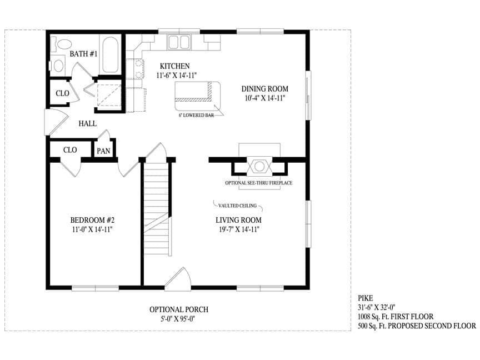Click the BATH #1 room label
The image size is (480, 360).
click(x=83, y=54)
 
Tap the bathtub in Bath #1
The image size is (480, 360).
click(x=110, y=54)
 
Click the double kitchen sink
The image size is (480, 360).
click(x=179, y=42)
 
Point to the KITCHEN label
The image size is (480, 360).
click(x=174, y=66)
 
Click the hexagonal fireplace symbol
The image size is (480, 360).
click(x=259, y=166)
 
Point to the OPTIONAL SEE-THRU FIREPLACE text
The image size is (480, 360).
click(x=259, y=183)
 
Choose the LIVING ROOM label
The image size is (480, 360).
click(x=238, y=220)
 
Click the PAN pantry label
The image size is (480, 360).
click(x=103, y=151)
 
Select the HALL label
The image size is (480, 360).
click(x=88, y=123)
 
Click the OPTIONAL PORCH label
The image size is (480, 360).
click(x=179, y=309)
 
